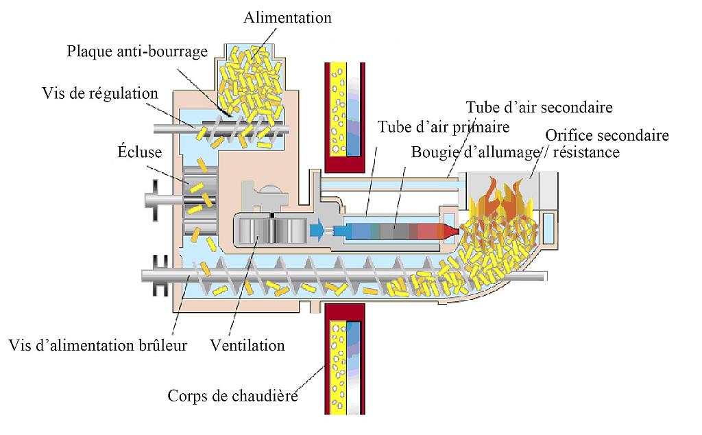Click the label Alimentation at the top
click(x=287, y=17)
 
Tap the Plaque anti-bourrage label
click(x=137, y=51)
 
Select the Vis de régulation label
click(x=100, y=93)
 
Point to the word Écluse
click(x=140, y=152)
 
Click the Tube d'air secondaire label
click(x=539, y=107)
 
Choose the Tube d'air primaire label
click(x=444, y=127)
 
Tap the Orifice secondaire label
click(x=607, y=135)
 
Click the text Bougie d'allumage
click(x=476, y=152)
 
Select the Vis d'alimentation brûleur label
click(x=97, y=345)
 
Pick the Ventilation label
click(x=247, y=345)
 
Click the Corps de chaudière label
click(x=233, y=396)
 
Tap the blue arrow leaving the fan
click(x=317, y=231)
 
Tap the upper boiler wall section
click(x=345, y=117)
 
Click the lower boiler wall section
click(x=345, y=359)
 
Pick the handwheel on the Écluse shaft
click(x=154, y=200)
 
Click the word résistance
click(x=587, y=152)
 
